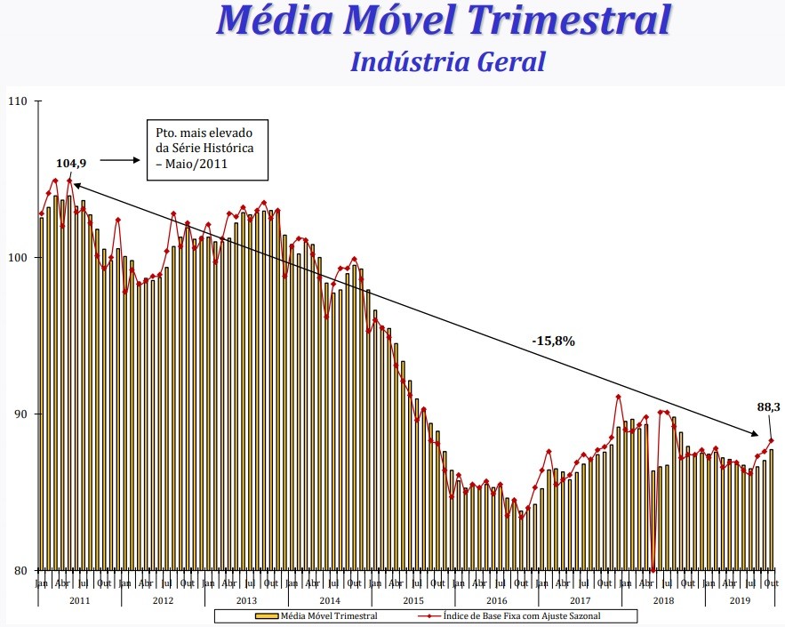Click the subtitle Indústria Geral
[x=447, y=61]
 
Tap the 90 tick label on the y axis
[x=24, y=414]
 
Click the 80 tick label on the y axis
[x=24, y=570]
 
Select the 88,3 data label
[x=768, y=406]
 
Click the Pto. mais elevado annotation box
[x=204, y=146]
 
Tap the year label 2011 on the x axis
[x=79, y=601]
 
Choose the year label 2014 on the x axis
[x=329, y=601]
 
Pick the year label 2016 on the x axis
[x=496, y=601]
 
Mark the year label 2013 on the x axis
[x=245, y=601]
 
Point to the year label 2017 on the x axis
[x=580, y=601]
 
